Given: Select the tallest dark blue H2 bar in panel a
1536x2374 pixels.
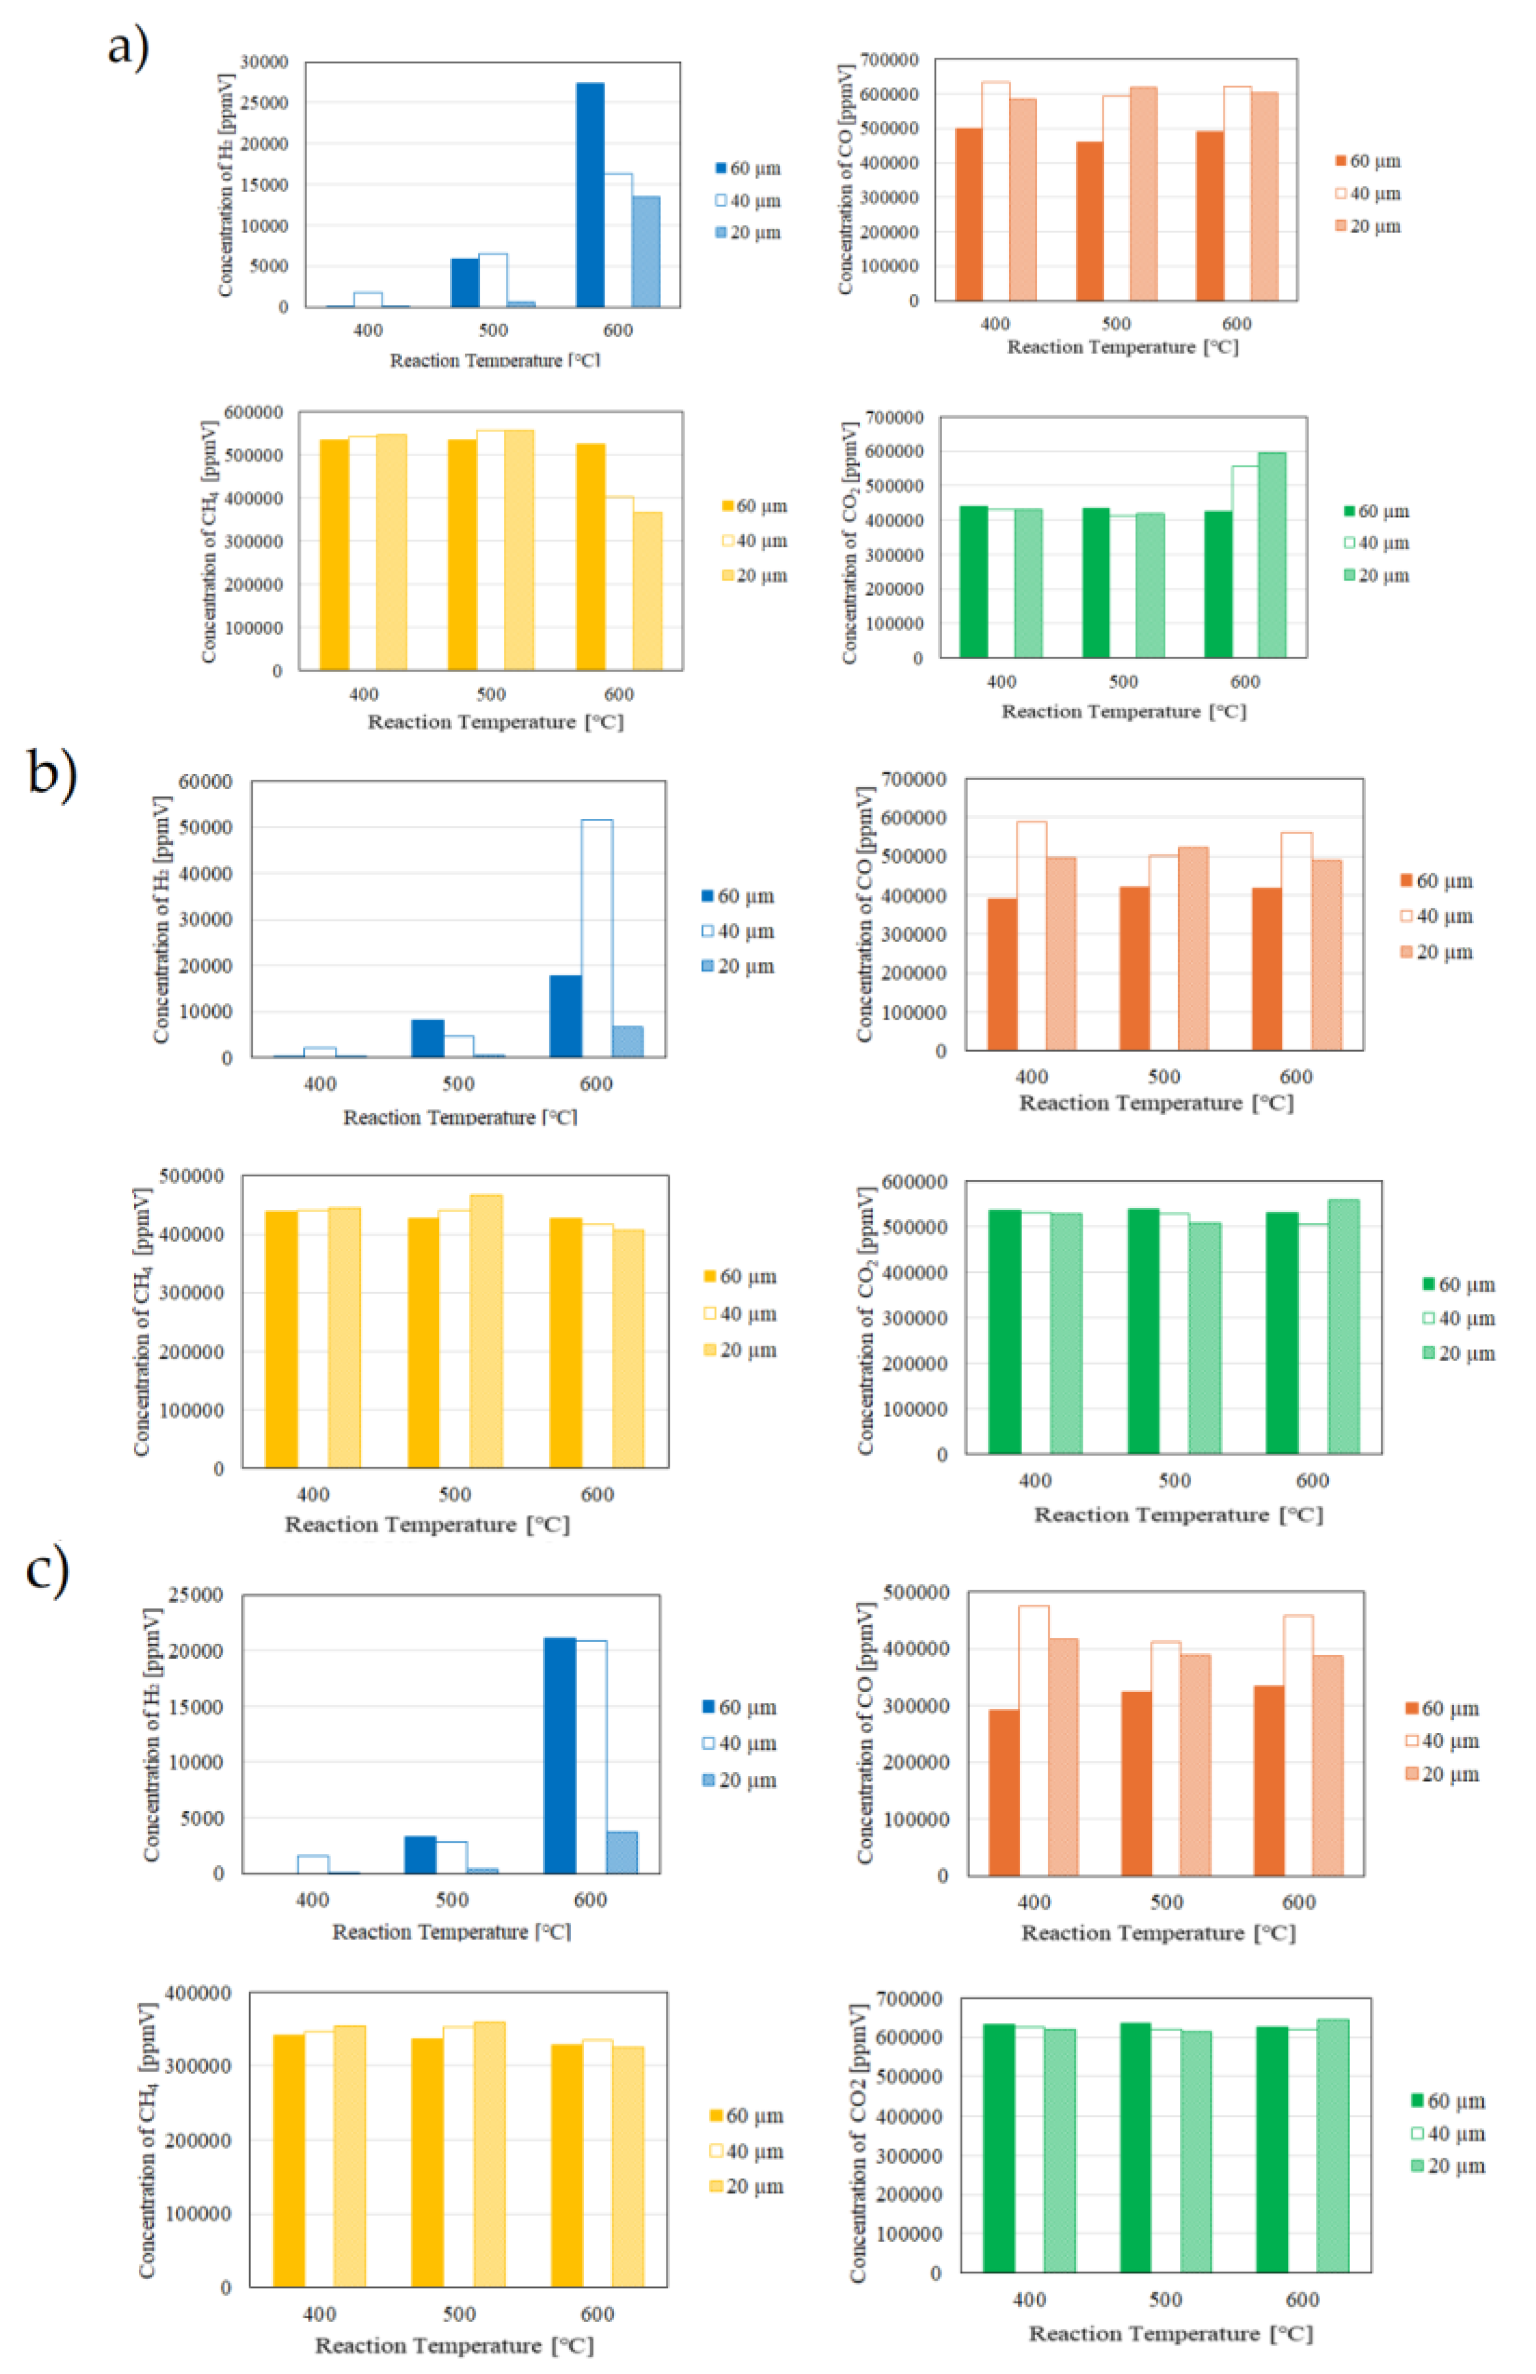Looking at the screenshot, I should click(x=590, y=195).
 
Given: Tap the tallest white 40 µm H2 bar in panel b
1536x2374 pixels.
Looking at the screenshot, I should click(x=597, y=937).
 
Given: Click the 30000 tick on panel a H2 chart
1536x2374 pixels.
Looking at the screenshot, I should click(x=264, y=62).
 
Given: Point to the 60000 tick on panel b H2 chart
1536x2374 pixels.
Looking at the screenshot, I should click(x=205, y=782).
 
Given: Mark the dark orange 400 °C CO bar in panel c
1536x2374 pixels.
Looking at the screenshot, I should click(x=1003, y=1792).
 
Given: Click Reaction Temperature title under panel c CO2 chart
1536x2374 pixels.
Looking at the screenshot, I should click(x=1170, y=2334).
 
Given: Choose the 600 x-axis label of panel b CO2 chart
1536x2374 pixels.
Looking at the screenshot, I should click(x=1313, y=1481).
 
